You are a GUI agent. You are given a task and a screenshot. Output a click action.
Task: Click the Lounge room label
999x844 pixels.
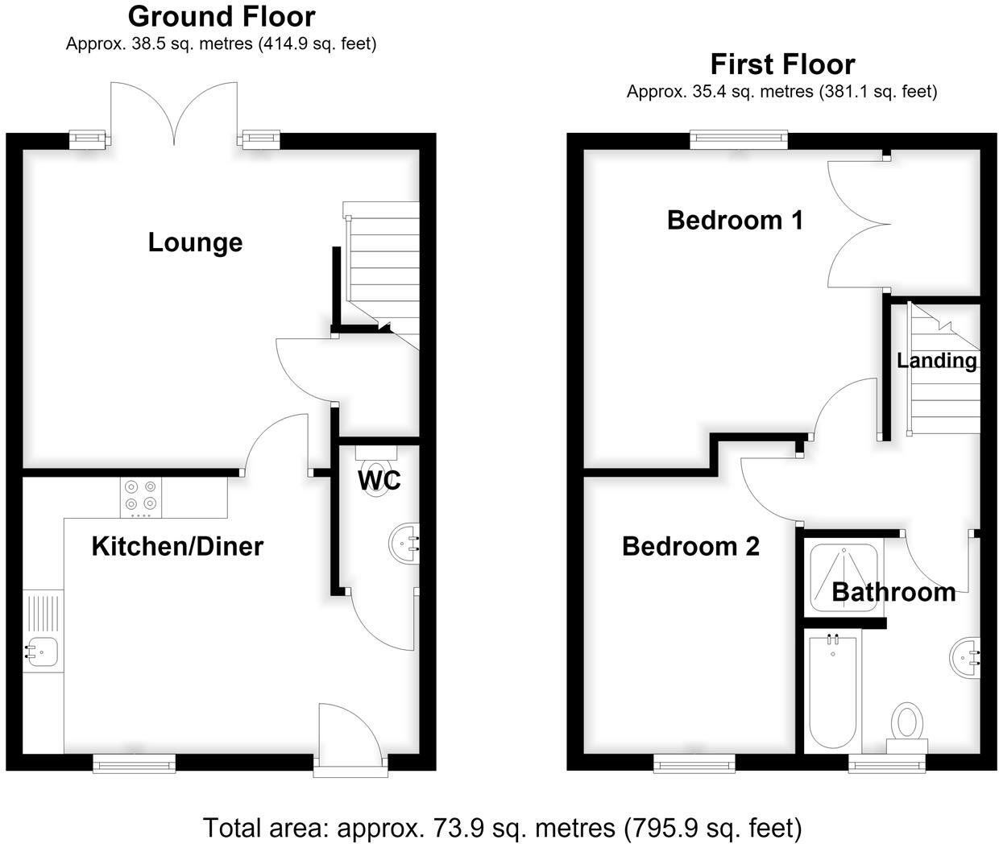195,242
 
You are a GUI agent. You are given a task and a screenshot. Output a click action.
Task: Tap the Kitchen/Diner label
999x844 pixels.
177,546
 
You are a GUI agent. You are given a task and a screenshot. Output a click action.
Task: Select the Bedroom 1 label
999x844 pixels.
735,221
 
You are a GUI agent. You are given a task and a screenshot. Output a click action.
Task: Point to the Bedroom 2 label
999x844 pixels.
690,546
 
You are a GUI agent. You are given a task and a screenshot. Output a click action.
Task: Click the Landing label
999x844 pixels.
937,361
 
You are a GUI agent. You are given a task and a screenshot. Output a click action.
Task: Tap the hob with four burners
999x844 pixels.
141,498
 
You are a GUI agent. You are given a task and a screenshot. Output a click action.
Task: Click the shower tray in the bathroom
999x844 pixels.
844,577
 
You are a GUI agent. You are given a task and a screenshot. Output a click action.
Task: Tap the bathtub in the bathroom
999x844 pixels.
833,693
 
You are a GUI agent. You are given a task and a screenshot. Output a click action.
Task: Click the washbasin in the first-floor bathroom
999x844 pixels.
964,657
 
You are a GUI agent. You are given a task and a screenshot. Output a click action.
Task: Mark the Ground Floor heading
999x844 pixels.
222,16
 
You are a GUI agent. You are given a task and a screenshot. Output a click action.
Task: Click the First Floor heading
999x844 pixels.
782,64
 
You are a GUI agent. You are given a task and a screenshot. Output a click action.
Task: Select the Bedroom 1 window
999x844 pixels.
739,139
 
